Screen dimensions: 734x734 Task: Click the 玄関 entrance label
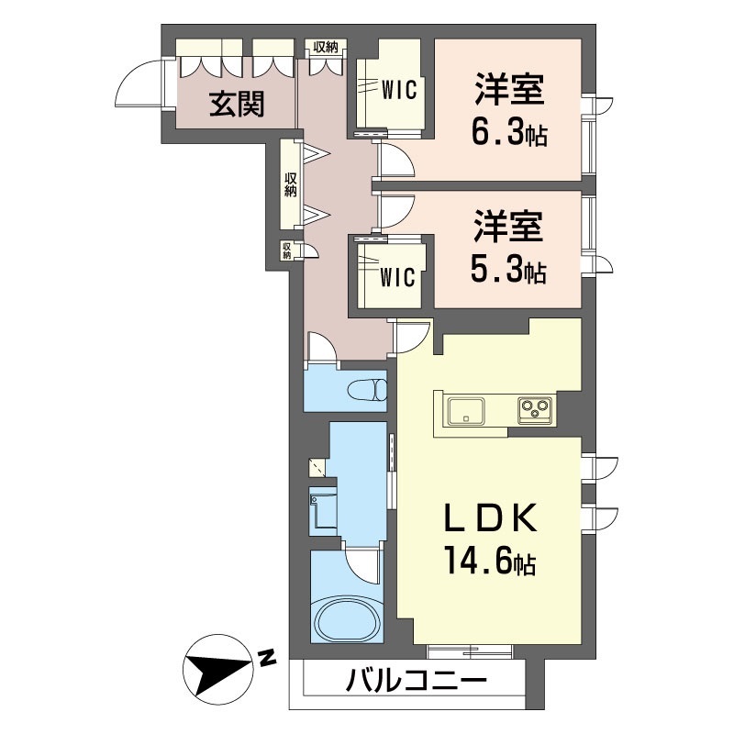(x=237, y=104)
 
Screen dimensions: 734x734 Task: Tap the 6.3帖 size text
(x=509, y=134)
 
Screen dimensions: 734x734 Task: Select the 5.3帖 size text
(x=508, y=271)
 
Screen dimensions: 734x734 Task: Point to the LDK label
(x=490, y=518)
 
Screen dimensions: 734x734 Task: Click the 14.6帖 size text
(x=490, y=562)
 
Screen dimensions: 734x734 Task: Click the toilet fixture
(x=368, y=390)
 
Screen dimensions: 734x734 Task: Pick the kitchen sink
(x=466, y=411)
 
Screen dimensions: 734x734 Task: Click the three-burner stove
(x=536, y=410)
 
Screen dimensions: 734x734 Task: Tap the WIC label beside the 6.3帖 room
(x=399, y=90)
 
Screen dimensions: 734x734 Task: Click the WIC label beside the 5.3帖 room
(x=397, y=277)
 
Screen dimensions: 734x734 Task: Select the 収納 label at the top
(x=326, y=47)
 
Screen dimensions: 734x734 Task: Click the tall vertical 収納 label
(x=291, y=184)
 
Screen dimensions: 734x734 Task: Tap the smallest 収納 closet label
(x=286, y=250)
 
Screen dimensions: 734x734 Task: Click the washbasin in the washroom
(x=324, y=511)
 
